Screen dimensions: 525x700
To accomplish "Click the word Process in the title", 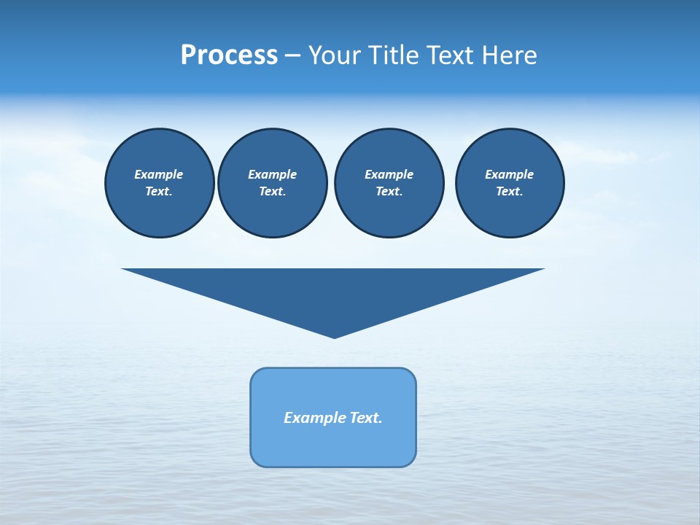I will tap(229, 55).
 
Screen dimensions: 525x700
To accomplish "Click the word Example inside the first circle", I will tap(159, 174).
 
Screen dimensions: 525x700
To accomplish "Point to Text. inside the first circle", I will tap(159, 192).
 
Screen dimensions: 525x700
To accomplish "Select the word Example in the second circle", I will tap(272, 174).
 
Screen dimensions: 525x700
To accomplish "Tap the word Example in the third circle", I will tap(389, 174).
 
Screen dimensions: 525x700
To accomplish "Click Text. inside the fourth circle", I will tap(510, 192).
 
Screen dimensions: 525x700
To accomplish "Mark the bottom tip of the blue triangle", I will tap(334, 337).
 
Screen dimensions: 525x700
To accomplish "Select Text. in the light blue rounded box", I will tap(367, 418).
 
